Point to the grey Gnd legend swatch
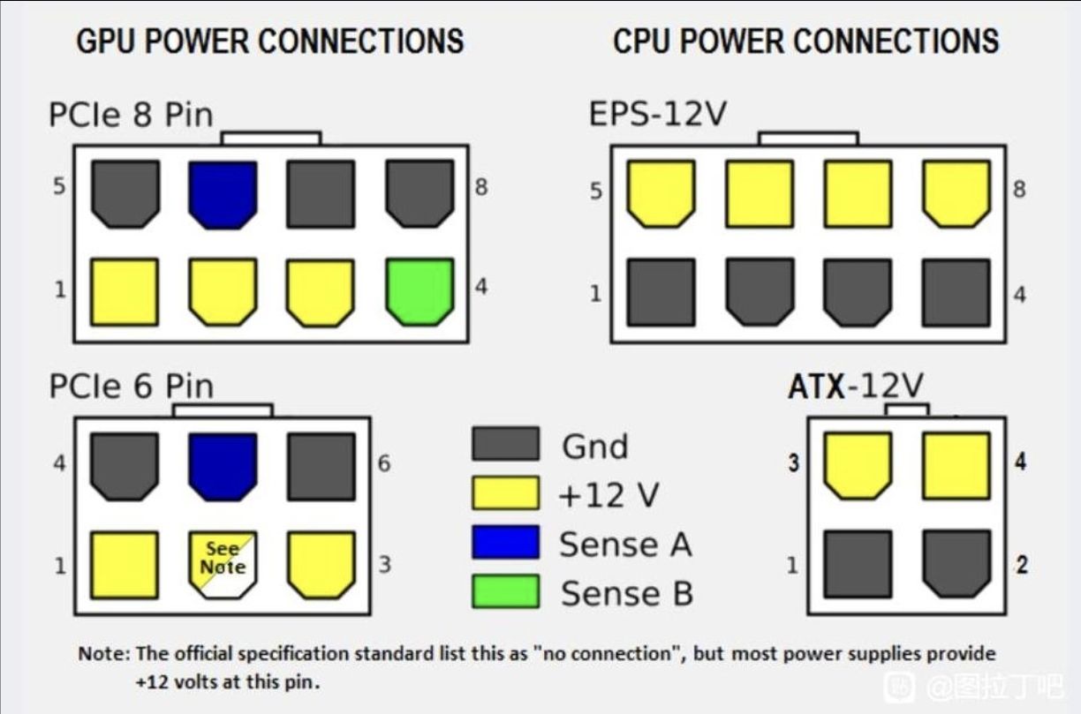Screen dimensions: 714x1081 click(505, 444)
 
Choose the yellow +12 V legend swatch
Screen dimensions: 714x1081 click(505, 493)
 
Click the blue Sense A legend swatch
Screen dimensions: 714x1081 click(505, 542)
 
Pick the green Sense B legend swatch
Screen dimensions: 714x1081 click(505, 591)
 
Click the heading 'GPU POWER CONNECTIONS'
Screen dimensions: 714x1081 click(269, 41)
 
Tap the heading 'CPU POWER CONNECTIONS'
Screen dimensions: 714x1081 click(805, 41)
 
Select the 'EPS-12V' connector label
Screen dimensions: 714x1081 click(657, 115)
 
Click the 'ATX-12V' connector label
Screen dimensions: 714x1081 click(855, 387)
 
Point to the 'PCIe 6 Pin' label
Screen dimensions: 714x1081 click(131, 387)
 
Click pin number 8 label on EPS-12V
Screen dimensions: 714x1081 click(1019, 190)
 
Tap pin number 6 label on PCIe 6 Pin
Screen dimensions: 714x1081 click(384, 462)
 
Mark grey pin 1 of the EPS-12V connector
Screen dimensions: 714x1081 click(661, 292)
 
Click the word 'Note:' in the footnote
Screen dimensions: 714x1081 click(104, 654)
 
